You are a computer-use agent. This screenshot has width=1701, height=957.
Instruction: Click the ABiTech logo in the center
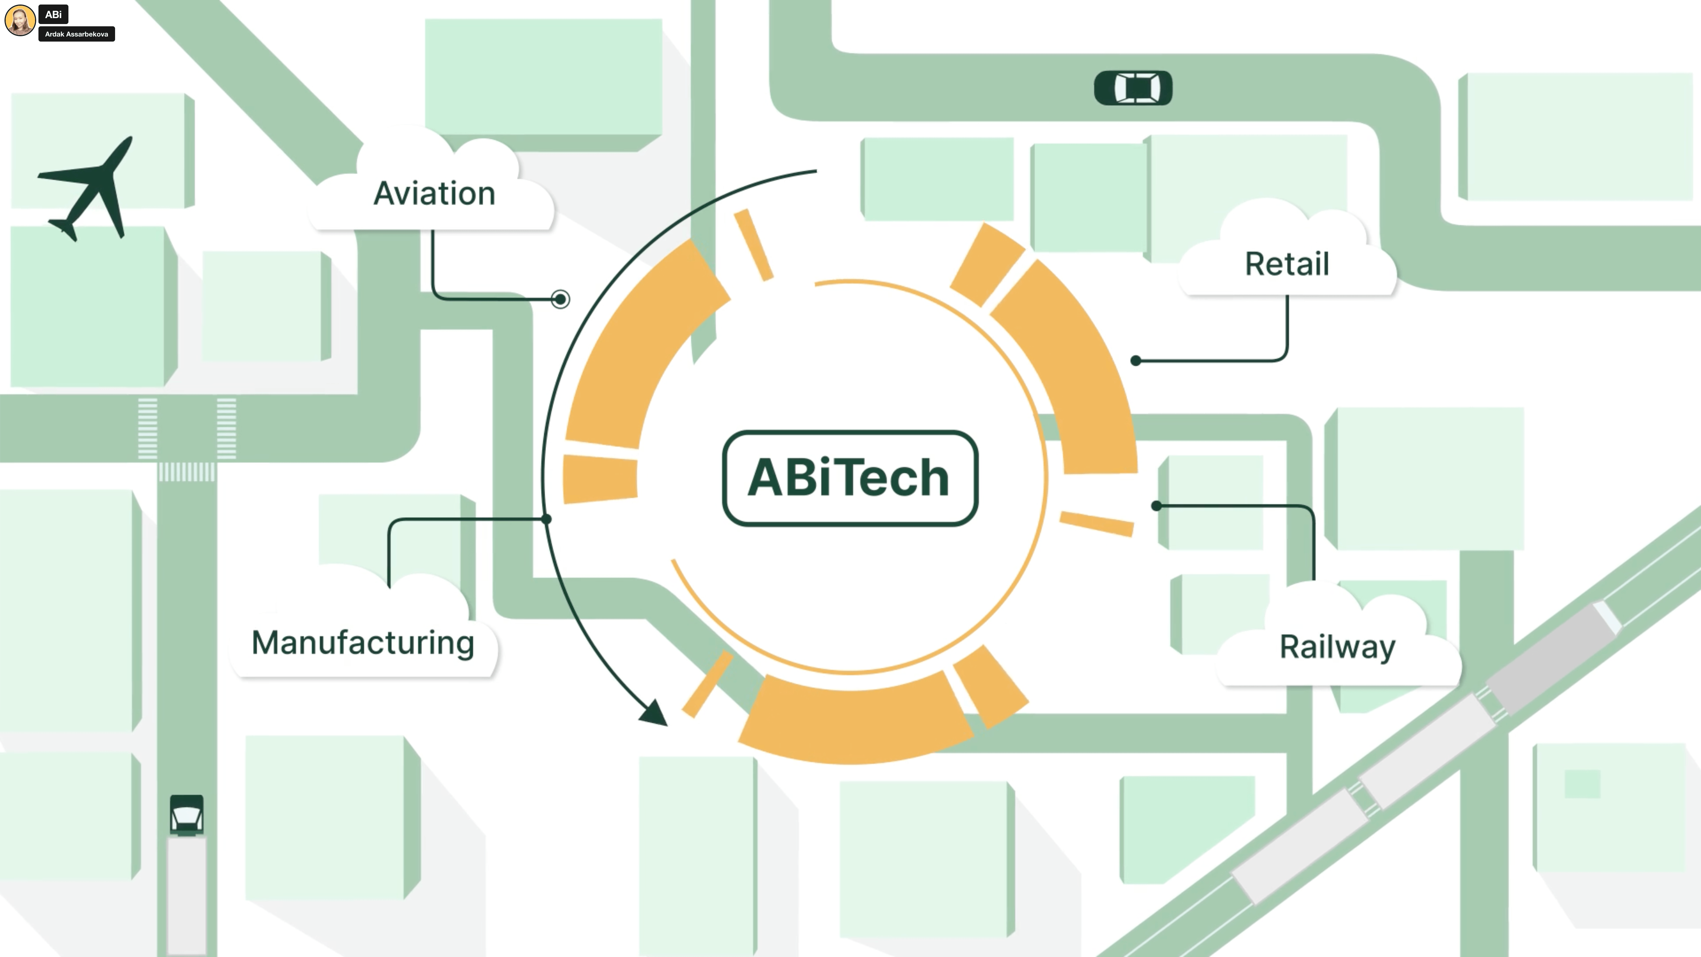coord(850,477)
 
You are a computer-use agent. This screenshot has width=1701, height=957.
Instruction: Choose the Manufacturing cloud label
coord(362,643)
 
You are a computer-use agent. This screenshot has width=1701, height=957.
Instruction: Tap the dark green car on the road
coord(1133,88)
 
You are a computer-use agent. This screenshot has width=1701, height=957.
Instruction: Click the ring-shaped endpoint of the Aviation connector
coord(560,299)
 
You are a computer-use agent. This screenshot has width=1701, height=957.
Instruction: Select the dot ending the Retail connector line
coord(1136,361)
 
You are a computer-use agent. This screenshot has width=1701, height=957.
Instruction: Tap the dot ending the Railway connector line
coord(1156,506)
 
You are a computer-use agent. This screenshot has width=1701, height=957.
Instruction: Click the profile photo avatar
coord(20,20)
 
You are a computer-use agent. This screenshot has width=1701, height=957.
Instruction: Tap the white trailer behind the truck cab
coord(187,895)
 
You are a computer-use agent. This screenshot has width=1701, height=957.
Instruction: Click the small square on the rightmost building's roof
coord(1582,784)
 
